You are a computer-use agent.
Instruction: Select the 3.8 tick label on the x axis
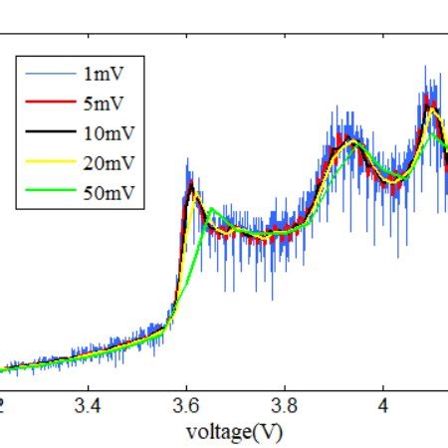[x=285, y=405]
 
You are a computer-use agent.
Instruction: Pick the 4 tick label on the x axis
[x=383, y=405]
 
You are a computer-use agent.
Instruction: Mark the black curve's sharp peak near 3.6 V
[x=189, y=182]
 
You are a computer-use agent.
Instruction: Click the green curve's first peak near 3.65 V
[x=212, y=209]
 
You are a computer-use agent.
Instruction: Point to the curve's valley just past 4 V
[x=396, y=178]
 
